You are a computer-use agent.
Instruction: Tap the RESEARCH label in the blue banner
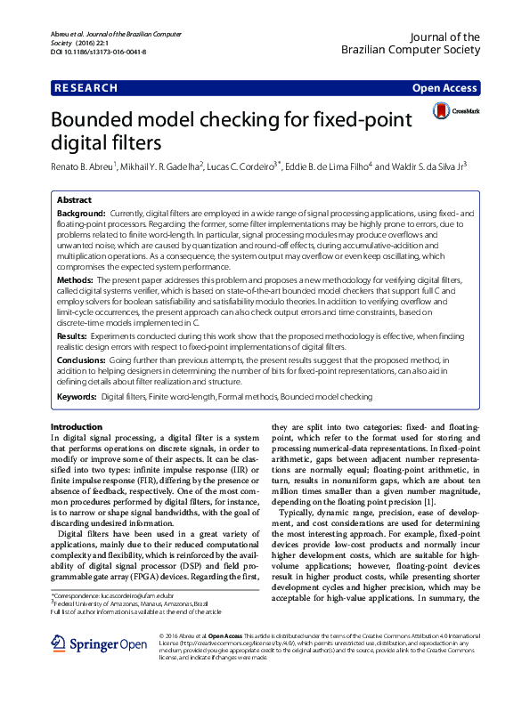tap(86, 88)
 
